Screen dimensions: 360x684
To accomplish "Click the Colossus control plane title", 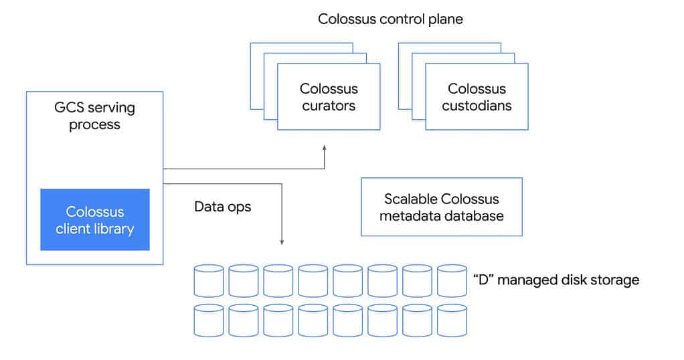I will point(390,19).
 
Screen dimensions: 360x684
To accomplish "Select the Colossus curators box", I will point(329,97).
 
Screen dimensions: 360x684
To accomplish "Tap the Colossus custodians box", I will point(477,97).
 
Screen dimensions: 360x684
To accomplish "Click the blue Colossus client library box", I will point(95,219).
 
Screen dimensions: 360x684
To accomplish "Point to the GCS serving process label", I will point(94,116).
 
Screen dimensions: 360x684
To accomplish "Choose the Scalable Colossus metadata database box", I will point(441,207).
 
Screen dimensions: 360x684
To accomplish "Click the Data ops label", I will point(222,207).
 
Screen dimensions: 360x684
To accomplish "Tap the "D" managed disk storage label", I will point(555,280).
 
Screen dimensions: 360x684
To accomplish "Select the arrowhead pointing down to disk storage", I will point(282,242).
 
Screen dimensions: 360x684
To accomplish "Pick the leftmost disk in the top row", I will point(208,280).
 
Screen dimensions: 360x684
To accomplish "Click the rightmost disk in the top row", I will point(452,280).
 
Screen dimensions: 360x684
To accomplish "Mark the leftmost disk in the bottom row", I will point(208,321).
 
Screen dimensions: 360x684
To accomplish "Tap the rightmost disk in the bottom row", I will point(452,321).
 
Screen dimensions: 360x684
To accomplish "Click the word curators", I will point(329,106).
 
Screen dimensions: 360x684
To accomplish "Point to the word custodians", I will point(477,106).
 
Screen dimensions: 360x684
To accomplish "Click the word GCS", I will point(69,108).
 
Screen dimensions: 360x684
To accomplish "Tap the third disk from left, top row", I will point(278,280).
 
